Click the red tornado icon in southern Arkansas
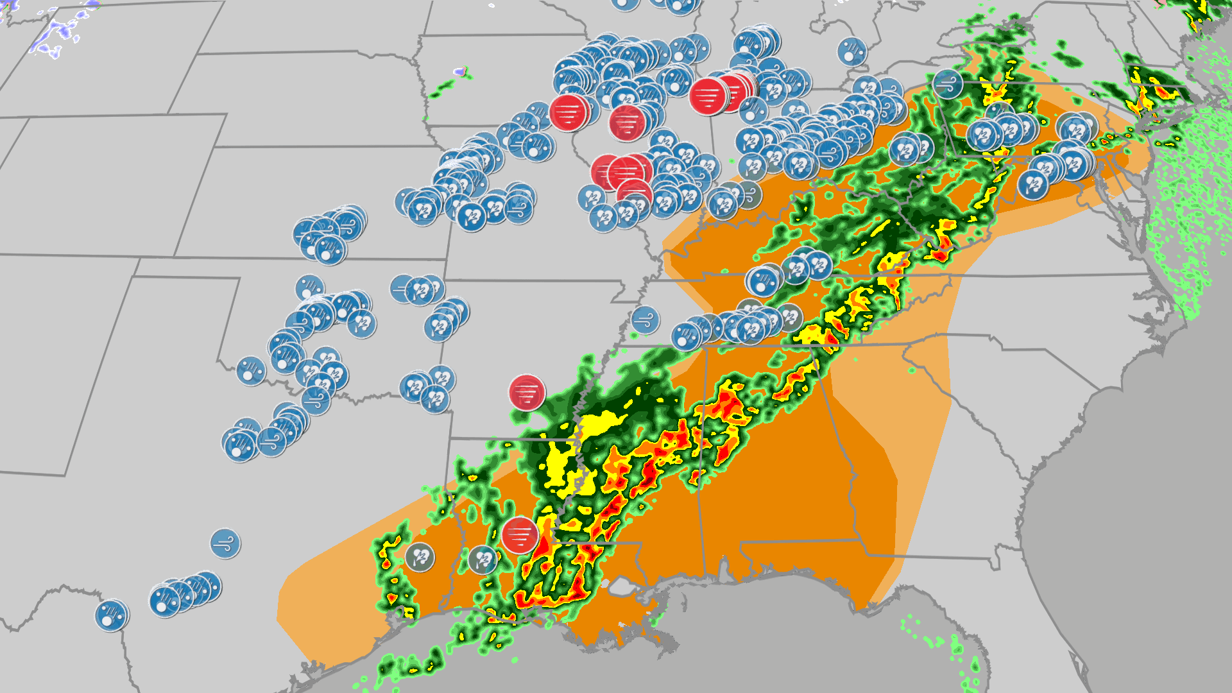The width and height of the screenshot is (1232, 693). click(x=527, y=393)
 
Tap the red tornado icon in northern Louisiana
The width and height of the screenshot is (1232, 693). click(x=519, y=535)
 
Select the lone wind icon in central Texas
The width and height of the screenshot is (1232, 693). click(x=225, y=544)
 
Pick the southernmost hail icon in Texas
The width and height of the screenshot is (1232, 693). click(x=111, y=615)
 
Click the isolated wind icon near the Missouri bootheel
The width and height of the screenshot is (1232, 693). click(x=645, y=320)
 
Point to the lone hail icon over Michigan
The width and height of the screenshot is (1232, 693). click(x=851, y=52)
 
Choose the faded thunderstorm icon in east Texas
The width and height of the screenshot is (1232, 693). click(x=420, y=557)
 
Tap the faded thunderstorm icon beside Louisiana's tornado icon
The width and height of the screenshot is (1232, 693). click(x=483, y=560)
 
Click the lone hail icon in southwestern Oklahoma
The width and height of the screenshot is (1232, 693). click(x=251, y=370)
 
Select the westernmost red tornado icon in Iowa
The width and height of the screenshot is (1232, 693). click(x=569, y=113)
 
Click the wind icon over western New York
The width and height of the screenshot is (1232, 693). click(x=948, y=83)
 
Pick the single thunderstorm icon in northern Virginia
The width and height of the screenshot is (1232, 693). click(x=1032, y=185)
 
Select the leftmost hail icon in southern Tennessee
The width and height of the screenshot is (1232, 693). click(x=686, y=336)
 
